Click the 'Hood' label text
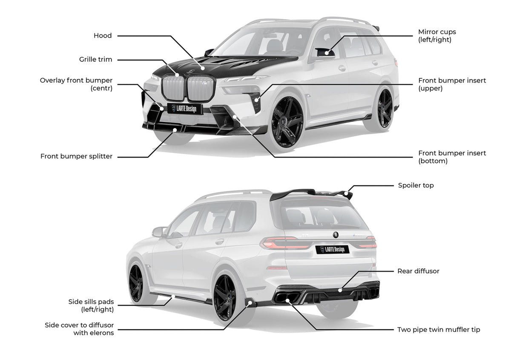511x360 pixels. pos(103,36)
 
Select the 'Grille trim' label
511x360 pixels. pos(95,59)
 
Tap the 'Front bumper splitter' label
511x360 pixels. pos(76,156)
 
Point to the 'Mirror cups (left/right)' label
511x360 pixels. pos(437,36)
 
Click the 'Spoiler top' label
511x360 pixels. pos(416,185)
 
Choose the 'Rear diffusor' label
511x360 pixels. pos(418,271)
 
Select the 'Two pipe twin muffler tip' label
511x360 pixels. pos(439,330)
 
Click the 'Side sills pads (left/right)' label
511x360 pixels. pos(91,305)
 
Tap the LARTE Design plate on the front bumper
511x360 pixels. pos(185,109)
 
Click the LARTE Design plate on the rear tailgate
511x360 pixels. pos(333,249)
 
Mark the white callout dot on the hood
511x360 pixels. pos(203,68)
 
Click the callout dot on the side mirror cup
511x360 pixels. pos(327,53)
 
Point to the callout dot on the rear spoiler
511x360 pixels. pos(346,193)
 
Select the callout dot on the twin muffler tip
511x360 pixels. pos(288,301)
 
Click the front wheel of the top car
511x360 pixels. pos(288,122)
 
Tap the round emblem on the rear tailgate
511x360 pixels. pos(336,235)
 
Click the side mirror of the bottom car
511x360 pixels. pos(159,232)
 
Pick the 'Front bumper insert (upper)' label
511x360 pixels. pos(452,84)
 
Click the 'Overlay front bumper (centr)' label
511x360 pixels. pos(76,84)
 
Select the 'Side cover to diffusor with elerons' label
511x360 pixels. pos(79,329)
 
